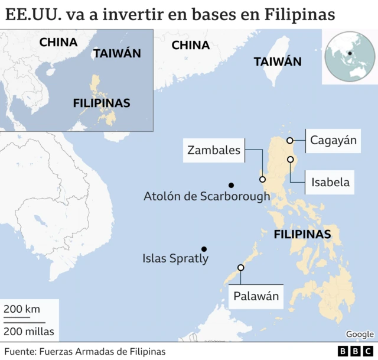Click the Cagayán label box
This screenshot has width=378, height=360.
[x=334, y=140]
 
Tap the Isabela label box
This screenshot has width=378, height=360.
[x=330, y=182]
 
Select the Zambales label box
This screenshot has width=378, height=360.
[x=214, y=150]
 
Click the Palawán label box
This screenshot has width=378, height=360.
[x=256, y=296]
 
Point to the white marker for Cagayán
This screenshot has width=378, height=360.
[x=290, y=141]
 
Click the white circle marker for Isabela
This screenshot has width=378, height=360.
[x=291, y=160]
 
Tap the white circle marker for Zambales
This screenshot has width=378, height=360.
[x=262, y=179]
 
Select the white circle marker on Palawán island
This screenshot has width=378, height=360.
[x=240, y=268]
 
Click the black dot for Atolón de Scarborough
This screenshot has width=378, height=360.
[x=231, y=185]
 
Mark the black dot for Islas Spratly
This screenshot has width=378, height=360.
[x=204, y=249]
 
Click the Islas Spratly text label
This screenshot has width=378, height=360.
[x=175, y=259]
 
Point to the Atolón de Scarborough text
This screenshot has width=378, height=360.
[x=207, y=196]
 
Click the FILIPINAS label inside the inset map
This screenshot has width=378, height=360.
[x=102, y=103]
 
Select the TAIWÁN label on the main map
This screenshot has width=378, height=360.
[x=278, y=61]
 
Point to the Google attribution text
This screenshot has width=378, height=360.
[x=360, y=335]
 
